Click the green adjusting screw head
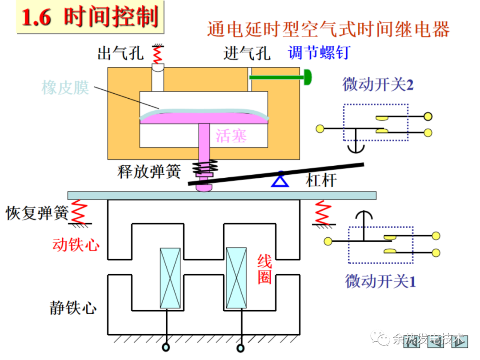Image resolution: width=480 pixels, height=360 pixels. pos(307,77)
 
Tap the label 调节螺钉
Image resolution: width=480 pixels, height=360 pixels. pos(318,53)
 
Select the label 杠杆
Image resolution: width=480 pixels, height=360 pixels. pos(321,180)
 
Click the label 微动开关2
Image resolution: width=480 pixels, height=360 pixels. pos(377,84)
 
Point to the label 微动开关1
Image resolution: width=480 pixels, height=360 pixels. pos(380,281)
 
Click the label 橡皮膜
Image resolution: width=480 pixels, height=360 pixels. pos(65,88)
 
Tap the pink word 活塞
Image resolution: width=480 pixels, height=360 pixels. pos(231,136)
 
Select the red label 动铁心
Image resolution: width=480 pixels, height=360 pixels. pos(76,244)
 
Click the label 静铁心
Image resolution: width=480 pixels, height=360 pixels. pos(73,308)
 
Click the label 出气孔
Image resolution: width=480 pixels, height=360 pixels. pos(120,54)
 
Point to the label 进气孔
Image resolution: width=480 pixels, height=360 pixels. pos(247,54)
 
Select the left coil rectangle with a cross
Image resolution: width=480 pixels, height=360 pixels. pos(170,278)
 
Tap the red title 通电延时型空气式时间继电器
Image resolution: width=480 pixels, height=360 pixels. pos(328,29)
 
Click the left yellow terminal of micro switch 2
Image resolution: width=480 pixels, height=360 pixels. pos(320,129)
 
